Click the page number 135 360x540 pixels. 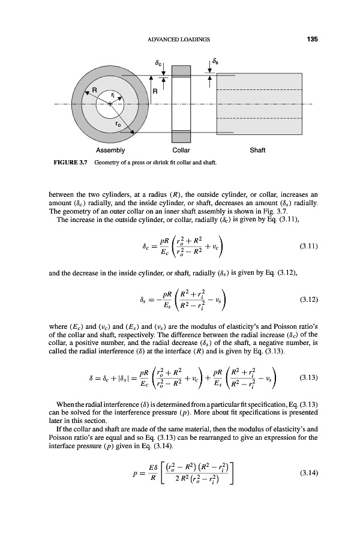click(311, 40)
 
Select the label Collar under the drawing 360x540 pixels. click(181, 150)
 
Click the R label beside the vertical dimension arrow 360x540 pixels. click(155, 92)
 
